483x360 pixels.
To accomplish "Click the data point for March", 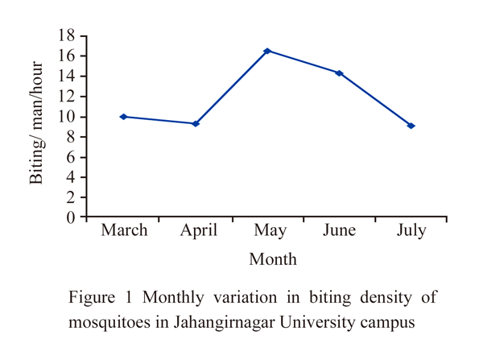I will pos(123,117).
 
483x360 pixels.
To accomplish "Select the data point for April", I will pos(196,123).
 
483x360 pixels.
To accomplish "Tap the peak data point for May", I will pos(267,51).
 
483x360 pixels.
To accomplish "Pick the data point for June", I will pos(340,73).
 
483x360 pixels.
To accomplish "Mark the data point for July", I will pos(411,126).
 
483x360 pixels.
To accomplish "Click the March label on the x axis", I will pos(124,231).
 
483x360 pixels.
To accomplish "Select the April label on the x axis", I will pos(198,231).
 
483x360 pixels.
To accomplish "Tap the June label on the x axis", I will pos(340,231).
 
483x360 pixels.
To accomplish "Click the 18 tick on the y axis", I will pos(67,36).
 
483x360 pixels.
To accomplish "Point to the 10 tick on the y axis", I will pos(67,117).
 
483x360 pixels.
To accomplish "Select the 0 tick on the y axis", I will pos(72,217).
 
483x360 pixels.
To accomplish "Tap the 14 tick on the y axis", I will pos(67,77).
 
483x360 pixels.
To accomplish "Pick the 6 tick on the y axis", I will pos(72,157).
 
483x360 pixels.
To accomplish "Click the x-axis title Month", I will pos(272,259).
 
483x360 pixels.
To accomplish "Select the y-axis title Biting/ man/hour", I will pos(36,127).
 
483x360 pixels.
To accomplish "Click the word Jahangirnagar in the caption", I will pos(189,325).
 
